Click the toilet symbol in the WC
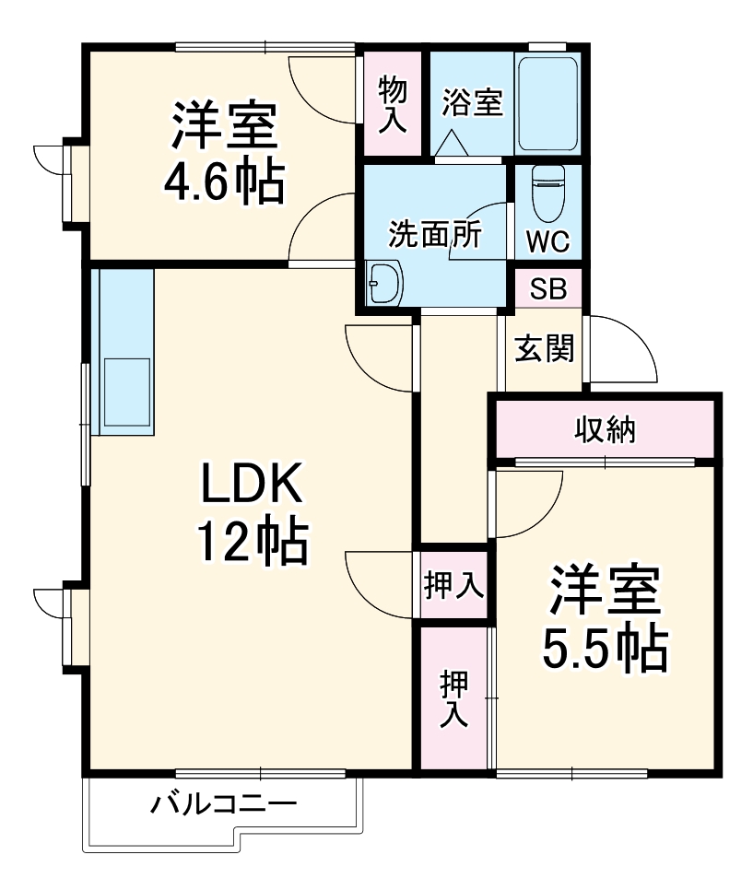tap(548, 193)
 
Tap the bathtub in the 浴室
tap(547, 104)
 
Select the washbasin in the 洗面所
tap(384, 283)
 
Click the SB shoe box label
tap(548, 289)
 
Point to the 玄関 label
tap(545, 348)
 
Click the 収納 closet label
tap(605, 428)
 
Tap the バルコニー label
tap(223, 803)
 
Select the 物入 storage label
tap(393, 105)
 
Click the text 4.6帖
tap(224, 182)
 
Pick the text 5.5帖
tap(605, 649)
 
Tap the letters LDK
tap(252, 483)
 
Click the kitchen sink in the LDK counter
tap(126, 392)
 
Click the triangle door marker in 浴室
tap(452, 143)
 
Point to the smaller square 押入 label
tap(454, 585)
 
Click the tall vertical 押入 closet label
tap(454, 698)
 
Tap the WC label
tap(547, 241)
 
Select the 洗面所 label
tap(436, 233)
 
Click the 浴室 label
tap(473, 103)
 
